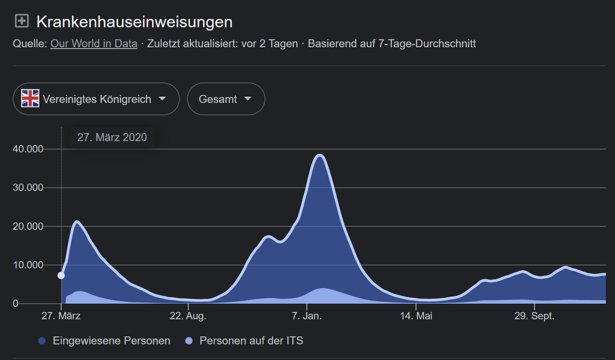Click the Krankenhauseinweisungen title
click(x=134, y=22)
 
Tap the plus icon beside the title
click(x=22, y=21)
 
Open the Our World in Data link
click(x=94, y=44)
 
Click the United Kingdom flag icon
click(x=30, y=99)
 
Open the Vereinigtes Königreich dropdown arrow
click(x=162, y=99)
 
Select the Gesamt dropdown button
click(x=226, y=99)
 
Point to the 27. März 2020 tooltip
click(x=112, y=137)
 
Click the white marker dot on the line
click(x=61, y=275)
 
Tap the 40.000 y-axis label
click(x=28, y=149)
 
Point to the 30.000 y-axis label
click(x=28, y=188)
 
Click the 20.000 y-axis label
click(x=28, y=226)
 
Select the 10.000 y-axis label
click(x=28, y=265)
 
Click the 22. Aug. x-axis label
click(x=188, y=316)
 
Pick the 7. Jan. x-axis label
click(x=307, y=316)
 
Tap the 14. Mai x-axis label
click(x=416, y=316)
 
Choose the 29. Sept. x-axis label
click(x=534, y=316)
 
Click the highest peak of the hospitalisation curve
click(x=320, y=155)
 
